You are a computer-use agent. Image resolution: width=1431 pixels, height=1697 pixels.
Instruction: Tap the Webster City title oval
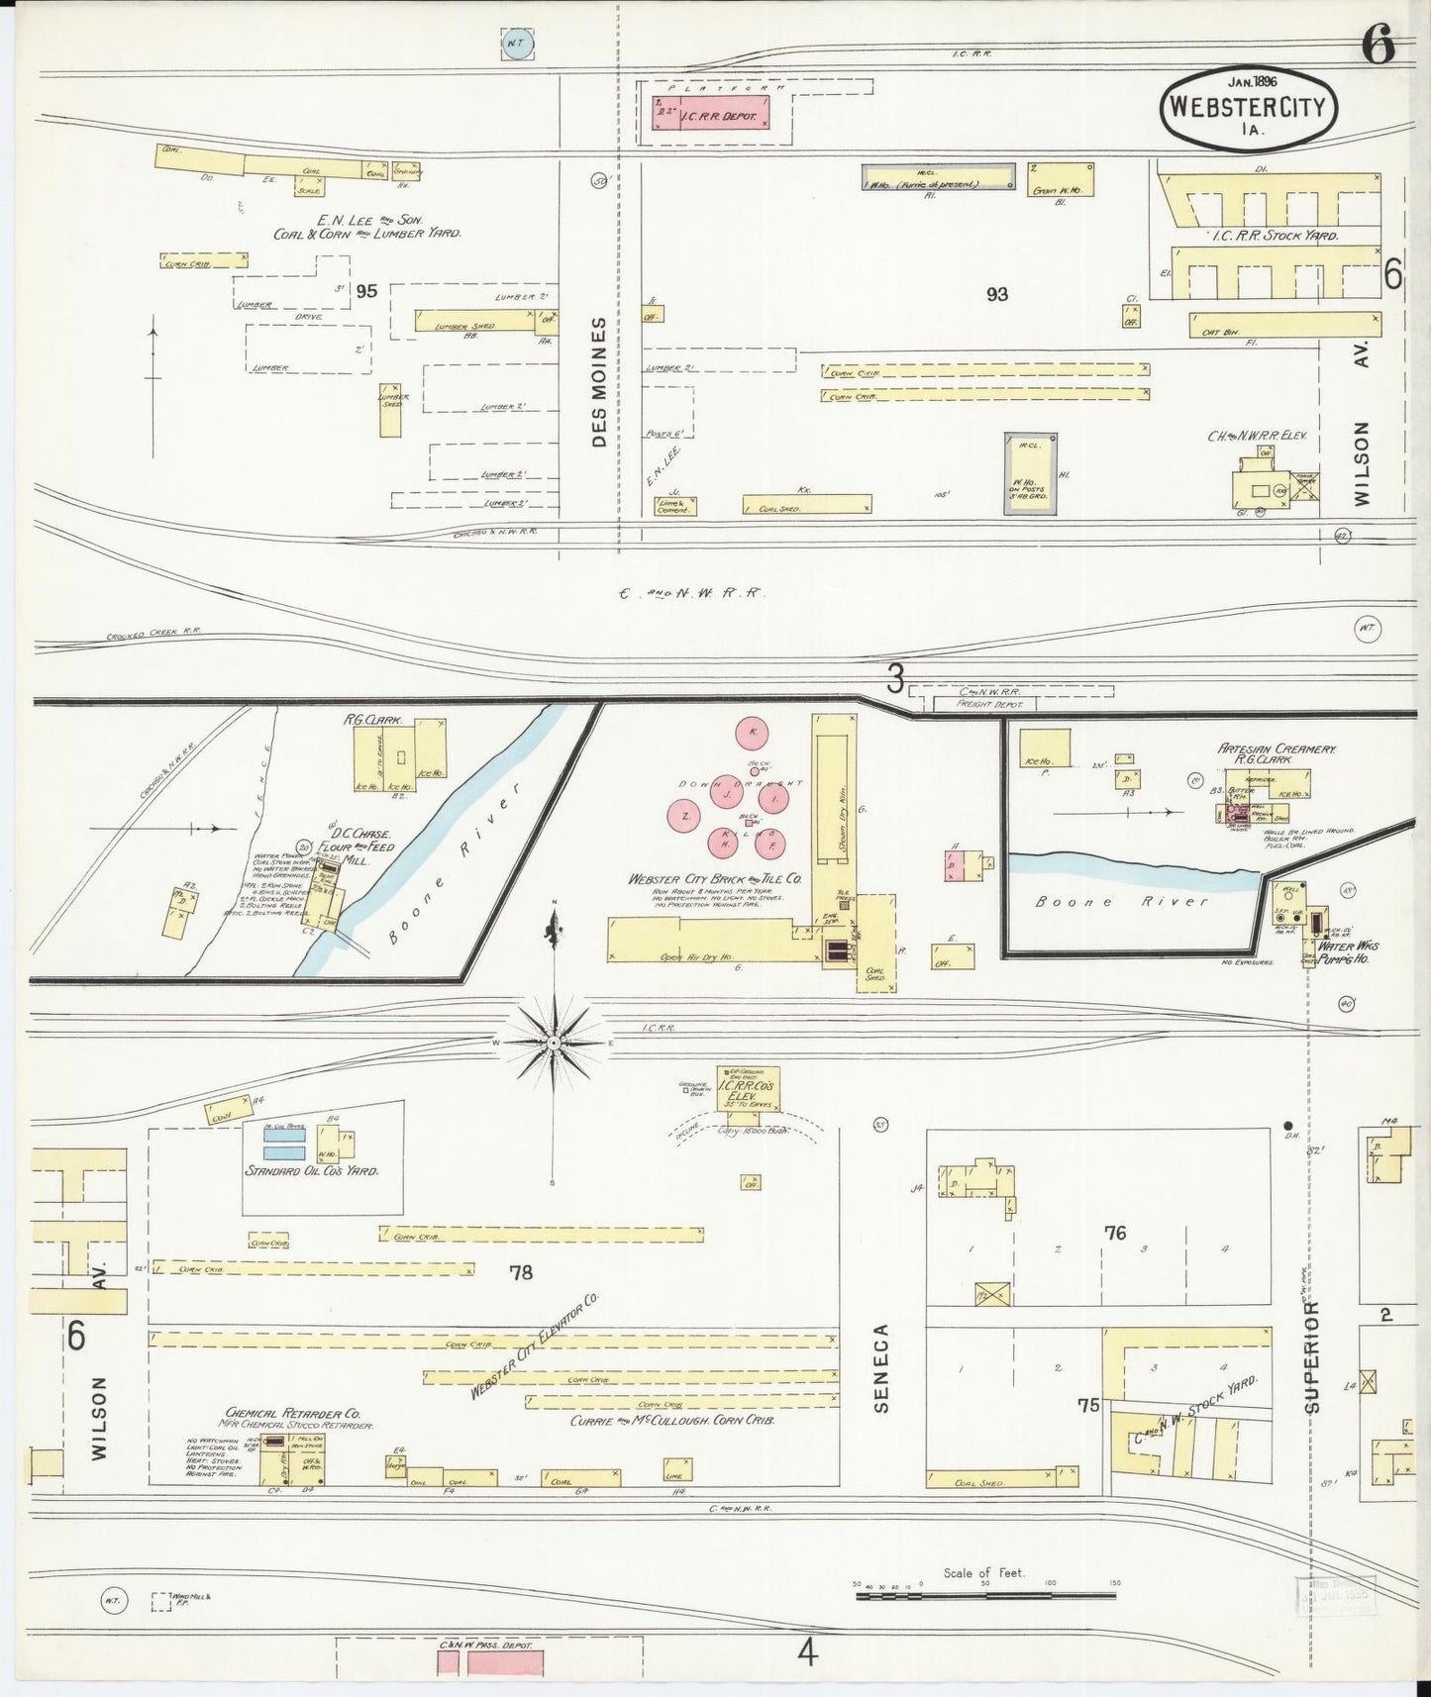[1248, 107]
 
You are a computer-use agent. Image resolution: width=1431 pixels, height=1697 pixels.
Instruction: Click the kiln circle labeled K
[753, 733]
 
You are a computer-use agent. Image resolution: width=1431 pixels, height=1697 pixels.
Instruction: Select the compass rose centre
[554, 1043]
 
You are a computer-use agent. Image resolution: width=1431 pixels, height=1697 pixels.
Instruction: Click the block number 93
[996, 294]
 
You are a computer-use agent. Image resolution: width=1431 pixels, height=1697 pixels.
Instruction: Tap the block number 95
[366, 291]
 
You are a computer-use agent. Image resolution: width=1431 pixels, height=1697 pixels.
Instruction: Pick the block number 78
[521, 1272]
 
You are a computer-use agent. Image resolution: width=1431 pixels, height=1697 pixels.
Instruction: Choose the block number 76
[1115, 1233]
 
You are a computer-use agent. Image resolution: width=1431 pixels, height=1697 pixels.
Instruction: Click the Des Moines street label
[599, 382]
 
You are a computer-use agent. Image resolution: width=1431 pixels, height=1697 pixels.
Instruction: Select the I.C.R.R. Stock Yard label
[1275, 237]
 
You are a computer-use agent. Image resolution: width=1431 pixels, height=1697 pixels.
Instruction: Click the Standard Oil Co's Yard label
[311, 1170]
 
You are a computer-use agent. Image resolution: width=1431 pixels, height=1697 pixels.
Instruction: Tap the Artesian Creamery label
[1277, 749]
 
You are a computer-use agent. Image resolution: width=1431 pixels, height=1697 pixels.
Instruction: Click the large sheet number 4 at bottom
[808, 1652]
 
